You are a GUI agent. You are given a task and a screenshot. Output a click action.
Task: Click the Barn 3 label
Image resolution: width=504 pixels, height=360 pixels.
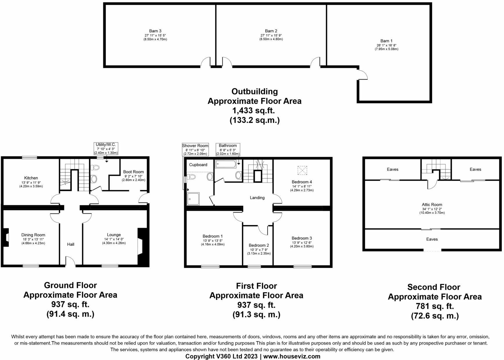[x=155, y=31]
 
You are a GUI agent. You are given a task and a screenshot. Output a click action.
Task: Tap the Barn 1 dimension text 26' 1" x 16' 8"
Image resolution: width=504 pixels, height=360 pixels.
[x=386, y=45]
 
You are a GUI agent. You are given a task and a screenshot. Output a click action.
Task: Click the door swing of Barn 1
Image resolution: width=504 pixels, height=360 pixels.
[x=363, y=75]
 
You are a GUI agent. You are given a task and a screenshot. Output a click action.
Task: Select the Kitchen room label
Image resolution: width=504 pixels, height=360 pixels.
[x=31, y=178]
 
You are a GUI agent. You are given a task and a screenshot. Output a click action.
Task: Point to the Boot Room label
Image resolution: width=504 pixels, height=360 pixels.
[x=133, y=172]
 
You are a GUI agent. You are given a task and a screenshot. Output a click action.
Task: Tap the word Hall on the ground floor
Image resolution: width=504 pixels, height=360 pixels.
[x=71, y=244]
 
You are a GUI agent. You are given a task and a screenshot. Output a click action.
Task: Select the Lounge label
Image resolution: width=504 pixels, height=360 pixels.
[x=114, y=235]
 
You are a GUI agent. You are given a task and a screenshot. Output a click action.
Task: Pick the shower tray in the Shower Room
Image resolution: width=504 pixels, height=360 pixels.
[x=193, y=199]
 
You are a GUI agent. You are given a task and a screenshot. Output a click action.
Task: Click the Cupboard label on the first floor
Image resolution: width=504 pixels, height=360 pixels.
[x=198, y=165]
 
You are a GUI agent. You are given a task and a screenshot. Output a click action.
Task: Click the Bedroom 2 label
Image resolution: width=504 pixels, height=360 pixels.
[x=259, y=245]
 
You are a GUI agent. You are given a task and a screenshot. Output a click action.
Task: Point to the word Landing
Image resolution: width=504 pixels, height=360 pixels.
[x=257, y=198]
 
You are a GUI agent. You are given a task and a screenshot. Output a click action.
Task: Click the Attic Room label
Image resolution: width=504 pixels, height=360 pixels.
[x=432, y=205]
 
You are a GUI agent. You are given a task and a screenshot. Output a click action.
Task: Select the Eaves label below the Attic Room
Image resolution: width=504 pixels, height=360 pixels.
[x=432, y=239]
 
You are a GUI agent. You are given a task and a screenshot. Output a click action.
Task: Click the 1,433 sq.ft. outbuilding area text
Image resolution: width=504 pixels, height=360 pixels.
[x=254, y=111]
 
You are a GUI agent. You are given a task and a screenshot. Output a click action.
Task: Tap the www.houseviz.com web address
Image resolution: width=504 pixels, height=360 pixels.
[x=292, y=356]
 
